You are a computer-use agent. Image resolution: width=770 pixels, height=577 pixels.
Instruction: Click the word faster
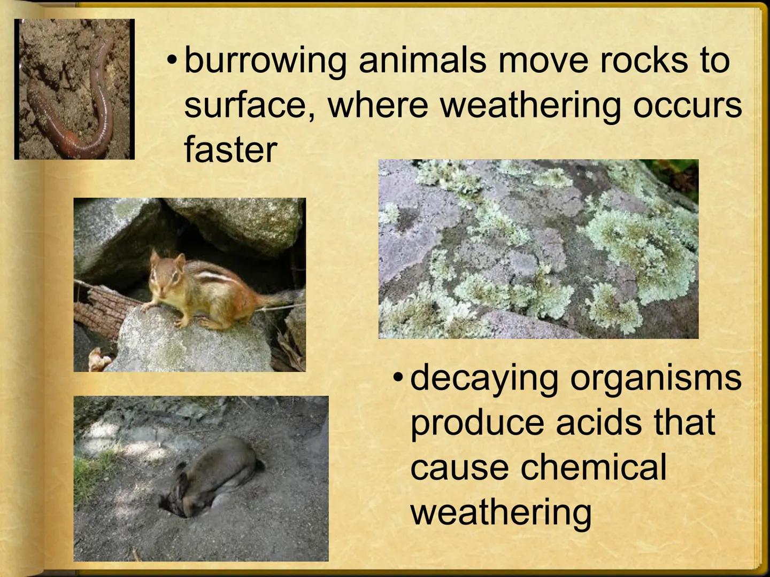230,149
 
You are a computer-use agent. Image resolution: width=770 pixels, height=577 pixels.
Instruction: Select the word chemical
594,467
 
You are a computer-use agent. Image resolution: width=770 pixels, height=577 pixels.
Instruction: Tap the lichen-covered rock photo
538,249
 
